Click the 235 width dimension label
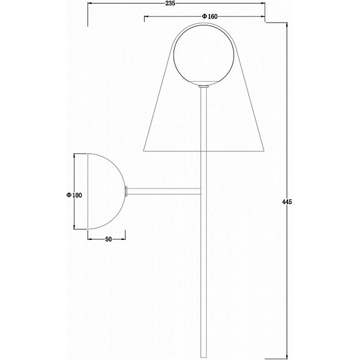tap(170, 3)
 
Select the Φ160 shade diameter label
tap(209, 16)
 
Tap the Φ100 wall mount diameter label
tap(74, 196)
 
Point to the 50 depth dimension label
tap(109, 239)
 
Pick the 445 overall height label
tap(287, 202)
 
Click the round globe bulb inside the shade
tap(203, 55)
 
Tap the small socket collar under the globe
tap(203, 86)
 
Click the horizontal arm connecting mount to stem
tap(164, 191)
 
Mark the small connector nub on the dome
tap(126, 191)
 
